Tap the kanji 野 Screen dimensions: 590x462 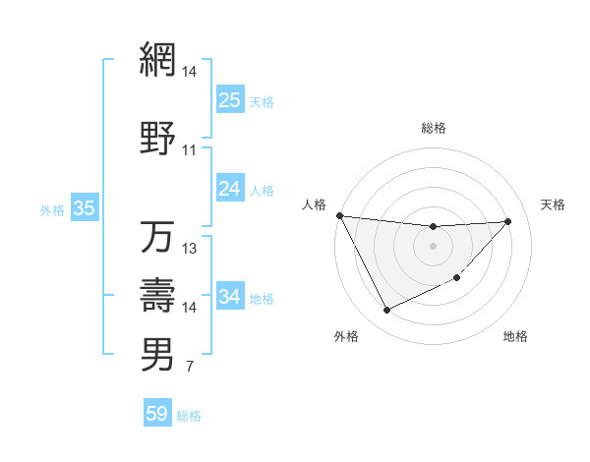coord(157,137)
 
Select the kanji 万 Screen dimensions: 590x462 coord(157,237)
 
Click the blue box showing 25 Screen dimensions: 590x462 coord(229,99)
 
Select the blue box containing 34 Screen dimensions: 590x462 coord(229,296)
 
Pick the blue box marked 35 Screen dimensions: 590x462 coord(84,207)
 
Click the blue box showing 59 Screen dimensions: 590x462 coord(156,414)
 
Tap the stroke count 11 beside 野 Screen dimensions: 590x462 coord(189,150)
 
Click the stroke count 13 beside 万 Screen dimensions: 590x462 coord(189,249)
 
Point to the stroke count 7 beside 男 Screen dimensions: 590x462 coord(189,368)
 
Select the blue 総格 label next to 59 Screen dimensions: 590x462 coord(189,416)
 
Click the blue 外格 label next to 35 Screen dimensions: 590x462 coord(51,209)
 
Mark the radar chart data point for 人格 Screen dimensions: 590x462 coord(339,215)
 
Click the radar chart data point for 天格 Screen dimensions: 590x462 coord(508,221)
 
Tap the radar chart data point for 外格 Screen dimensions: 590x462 coord(386,311)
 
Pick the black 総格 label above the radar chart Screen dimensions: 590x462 coord(433,128)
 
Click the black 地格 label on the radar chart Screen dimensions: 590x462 coord(515,337)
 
